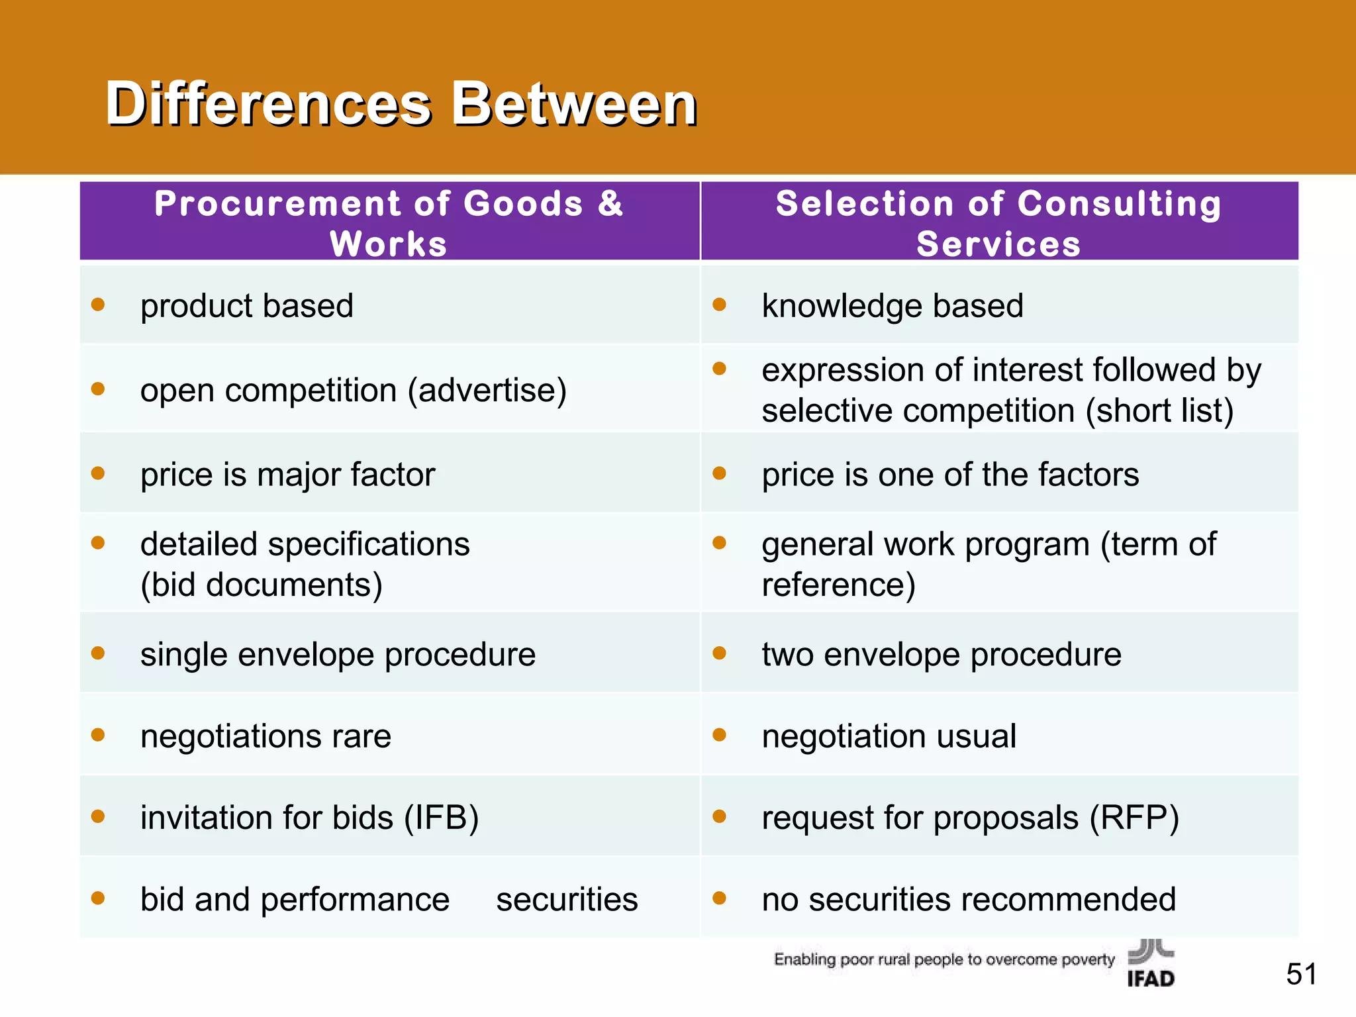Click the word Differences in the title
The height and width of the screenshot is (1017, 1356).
click(x=268, y=104)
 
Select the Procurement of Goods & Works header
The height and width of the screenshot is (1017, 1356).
click(x=389, y=222)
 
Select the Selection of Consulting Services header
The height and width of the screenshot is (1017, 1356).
click(x=998, y=222)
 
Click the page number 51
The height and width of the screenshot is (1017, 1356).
click(x=1301, y=974)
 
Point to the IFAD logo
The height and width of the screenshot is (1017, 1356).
click(x=1151, y=964)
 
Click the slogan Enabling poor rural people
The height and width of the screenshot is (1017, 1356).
click(x=944, y=959)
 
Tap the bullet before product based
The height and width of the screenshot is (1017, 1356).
click(x=98, y=305)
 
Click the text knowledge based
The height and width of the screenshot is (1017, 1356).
click(x=892, y=306)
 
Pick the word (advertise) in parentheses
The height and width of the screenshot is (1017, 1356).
click(x=487, y=390)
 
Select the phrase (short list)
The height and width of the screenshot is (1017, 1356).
click(x=1159, y=411)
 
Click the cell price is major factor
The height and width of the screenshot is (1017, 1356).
click(x=287, y=475)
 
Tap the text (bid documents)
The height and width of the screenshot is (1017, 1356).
click(x=262, y=585)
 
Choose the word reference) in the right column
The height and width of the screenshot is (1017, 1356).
click(x=838, y=585)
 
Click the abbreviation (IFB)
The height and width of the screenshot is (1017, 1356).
click(x=442, y=818)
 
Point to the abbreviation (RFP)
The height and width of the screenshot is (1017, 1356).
click(x=1134, y=818)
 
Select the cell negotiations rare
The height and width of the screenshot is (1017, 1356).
click(x=266, y=736)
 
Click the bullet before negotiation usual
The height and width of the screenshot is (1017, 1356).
click(x=720, y=735)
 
